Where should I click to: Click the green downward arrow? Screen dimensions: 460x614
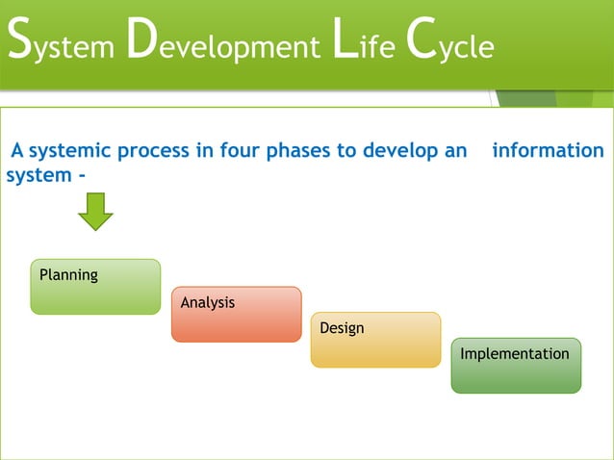pos(95,212)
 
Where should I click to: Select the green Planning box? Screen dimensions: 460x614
pos(95,287)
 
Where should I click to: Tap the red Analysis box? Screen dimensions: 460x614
pos(236,315)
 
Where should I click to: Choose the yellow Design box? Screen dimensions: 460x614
pos(375,340)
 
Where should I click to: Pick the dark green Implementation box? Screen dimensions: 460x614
pos(516,366)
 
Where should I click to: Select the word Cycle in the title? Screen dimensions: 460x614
pos(451,46)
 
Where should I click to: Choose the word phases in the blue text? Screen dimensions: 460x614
pos(291,151)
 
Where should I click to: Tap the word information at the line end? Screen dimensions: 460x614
pos(548,151)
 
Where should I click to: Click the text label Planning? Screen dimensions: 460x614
pos(68,275)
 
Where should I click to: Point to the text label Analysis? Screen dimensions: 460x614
pos(208,302)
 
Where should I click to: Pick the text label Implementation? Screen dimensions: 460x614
pos(515,354)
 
